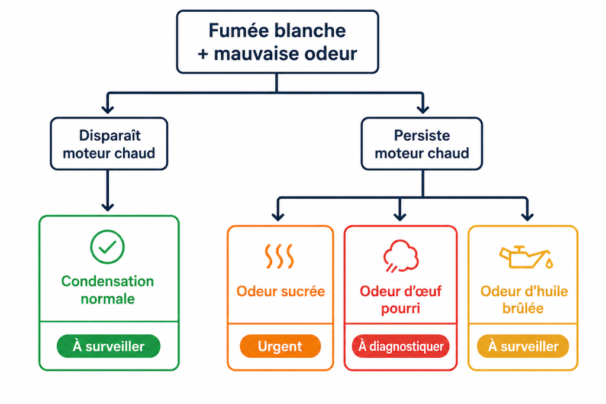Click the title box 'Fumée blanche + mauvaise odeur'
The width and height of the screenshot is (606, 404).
[277, 42]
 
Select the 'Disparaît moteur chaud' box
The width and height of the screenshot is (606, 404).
[109, 144]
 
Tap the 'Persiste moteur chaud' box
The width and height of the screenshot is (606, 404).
[421, 144]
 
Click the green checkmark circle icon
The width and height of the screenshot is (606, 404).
[108, 247]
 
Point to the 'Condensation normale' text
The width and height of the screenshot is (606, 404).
[108, 290]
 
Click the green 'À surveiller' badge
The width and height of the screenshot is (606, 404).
[108, 347]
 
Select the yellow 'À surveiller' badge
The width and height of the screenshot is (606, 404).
[523, 347]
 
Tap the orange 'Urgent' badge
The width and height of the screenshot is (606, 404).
[280, 347]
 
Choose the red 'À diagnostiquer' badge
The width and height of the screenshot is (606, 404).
[401, 347]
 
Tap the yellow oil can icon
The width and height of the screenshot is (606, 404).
[524, 256]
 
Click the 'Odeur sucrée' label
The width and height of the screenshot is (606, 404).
[281, 292]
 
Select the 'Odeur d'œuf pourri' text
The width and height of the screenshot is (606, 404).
[401, 300]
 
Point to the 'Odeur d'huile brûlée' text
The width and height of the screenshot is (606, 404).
[524, 300]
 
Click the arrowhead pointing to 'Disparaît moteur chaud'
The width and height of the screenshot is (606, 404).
[107, 108]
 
